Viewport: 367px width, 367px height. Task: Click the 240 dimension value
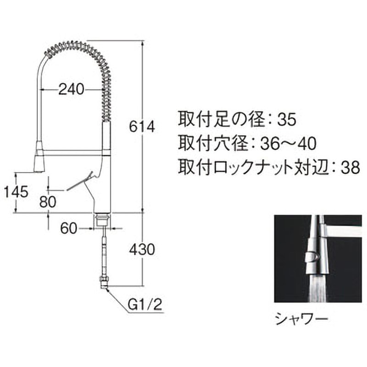click(x=71, y=90)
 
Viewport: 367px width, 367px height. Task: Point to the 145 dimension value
click(x=17, y=191)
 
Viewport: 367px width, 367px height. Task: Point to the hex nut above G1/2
click(x=104, y=280)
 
